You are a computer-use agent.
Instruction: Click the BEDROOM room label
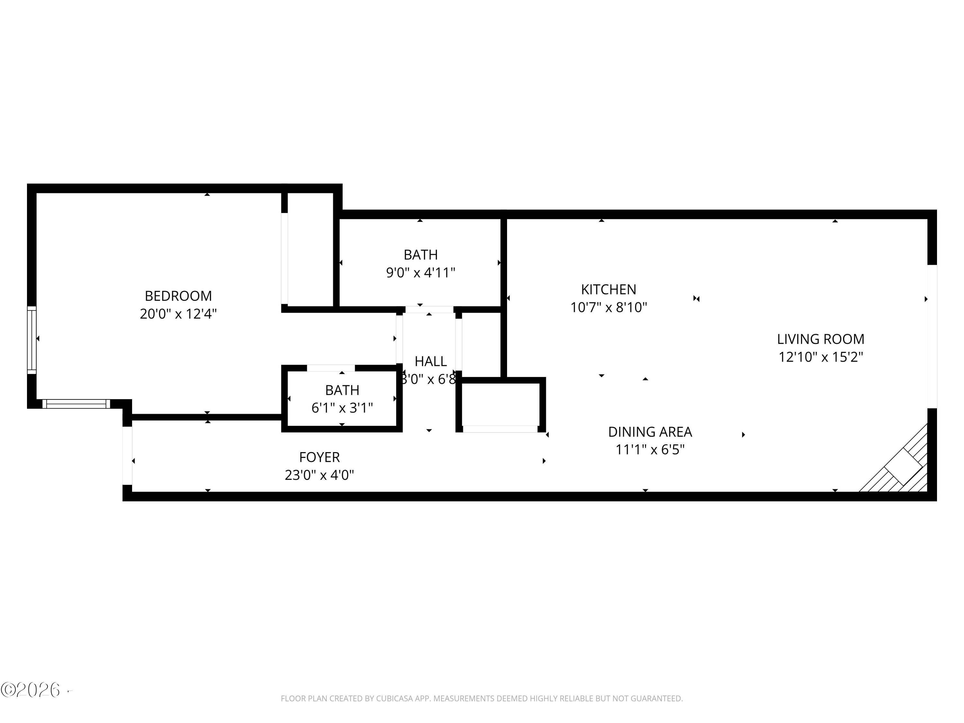pyautogui.click(x=178, y=296)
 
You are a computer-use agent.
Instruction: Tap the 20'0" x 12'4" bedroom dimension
pyautogui.click(x=178, y=314)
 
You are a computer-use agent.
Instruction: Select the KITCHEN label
pyautogui.click(x=608, y=290)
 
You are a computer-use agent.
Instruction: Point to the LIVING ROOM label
pyautogui.click(x=821, y=339)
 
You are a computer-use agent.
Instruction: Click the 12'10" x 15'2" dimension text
pyautogui.click(x=821, y=357)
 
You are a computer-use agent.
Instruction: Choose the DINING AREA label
pyautogui.click(x=650, y=432)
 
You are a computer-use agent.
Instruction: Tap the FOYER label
pyautogui.click(x=319, y=457)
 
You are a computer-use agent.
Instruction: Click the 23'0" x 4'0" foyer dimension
pyautogui.click(x=319, y=475)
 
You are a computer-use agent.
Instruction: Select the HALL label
pyautogui.click(x=431, y=361)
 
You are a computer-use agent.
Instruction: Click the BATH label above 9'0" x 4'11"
pyautogui.click(x=421, y=254)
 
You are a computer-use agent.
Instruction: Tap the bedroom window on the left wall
pyautogui.click(x=32, y=340)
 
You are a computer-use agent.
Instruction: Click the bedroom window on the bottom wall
pyautogui.click(x=76, y=404)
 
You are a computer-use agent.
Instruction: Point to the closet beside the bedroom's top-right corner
pyautogui.click(x=310, y=251)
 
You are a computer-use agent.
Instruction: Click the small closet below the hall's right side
pyautogui.click(x=500, y=405)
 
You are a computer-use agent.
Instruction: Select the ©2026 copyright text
pyautogui.click(x=31, y=690)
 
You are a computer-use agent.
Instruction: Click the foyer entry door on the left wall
pyautogui.click(x=127, y=455)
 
